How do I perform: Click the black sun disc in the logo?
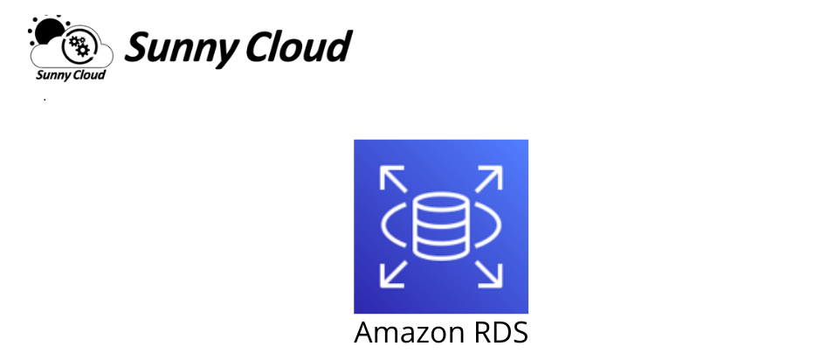49,30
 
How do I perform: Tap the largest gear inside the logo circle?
82,49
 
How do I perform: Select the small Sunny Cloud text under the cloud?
71,75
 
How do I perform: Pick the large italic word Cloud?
299,46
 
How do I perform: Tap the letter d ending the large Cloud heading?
338,46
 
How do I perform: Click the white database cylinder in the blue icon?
441,227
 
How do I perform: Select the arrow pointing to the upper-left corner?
393,178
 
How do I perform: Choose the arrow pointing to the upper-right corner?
489,178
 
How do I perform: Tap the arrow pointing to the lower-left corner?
393,274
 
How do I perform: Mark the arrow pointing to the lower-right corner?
489,274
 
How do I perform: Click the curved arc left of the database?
382,225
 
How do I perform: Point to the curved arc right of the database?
500,225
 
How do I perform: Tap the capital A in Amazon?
364,333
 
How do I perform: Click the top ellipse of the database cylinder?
441,203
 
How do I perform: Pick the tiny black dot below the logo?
45,100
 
